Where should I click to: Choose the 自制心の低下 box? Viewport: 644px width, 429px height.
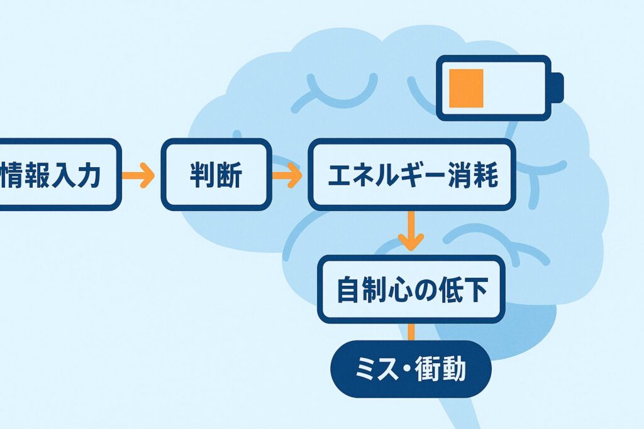[x=411, y=290]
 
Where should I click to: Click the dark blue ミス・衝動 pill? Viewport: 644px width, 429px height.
[x=411, y=369]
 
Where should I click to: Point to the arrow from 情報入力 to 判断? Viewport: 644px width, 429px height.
[x=138, y=175]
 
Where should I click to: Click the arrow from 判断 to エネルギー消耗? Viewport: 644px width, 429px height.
[x=287, y=175]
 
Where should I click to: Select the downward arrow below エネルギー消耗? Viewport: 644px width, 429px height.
[x=411, y=232]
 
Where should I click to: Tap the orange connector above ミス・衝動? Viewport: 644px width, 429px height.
[x=411, y=331]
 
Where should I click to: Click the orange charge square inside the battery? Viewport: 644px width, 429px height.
[x=466, y=88]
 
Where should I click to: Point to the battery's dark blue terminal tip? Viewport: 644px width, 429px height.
[x=557, y=87]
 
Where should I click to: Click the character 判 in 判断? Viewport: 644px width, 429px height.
[x=202, y=175]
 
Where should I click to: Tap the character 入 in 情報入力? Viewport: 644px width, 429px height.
[x=62, y=175]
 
